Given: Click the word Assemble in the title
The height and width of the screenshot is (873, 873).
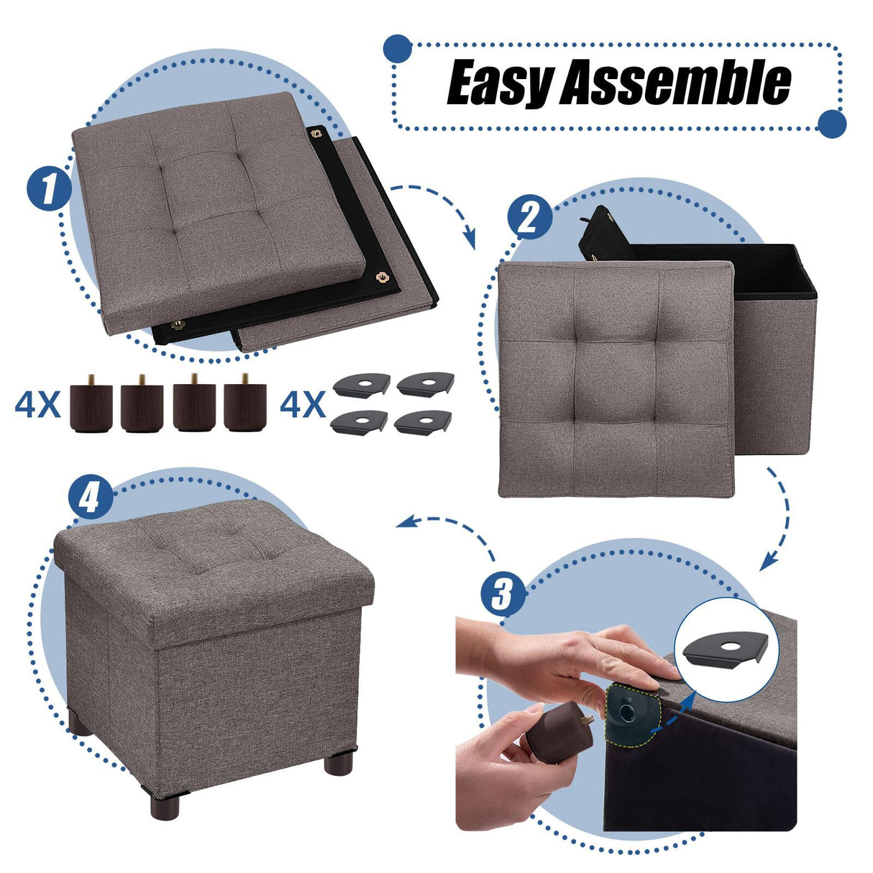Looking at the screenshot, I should (676, 84).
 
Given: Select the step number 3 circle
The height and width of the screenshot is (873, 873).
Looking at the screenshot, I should (502, 593).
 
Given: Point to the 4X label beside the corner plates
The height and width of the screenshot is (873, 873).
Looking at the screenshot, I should (302, 406).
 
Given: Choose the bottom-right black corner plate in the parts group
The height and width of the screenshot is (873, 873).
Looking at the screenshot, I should (424, 420).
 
